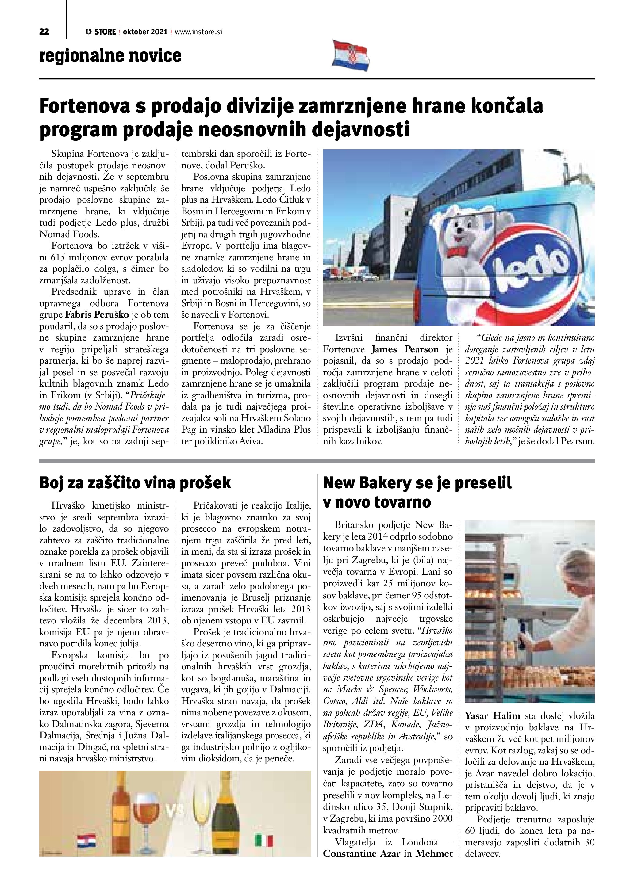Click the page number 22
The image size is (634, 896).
[44, 32]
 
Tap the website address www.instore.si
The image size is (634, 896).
[198, 32]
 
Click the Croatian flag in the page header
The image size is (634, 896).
[350, 55]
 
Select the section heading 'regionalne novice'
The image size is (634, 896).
[110, 55]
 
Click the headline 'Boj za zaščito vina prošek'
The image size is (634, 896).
[135, 483]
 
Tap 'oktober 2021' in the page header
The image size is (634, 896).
[145, 32]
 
